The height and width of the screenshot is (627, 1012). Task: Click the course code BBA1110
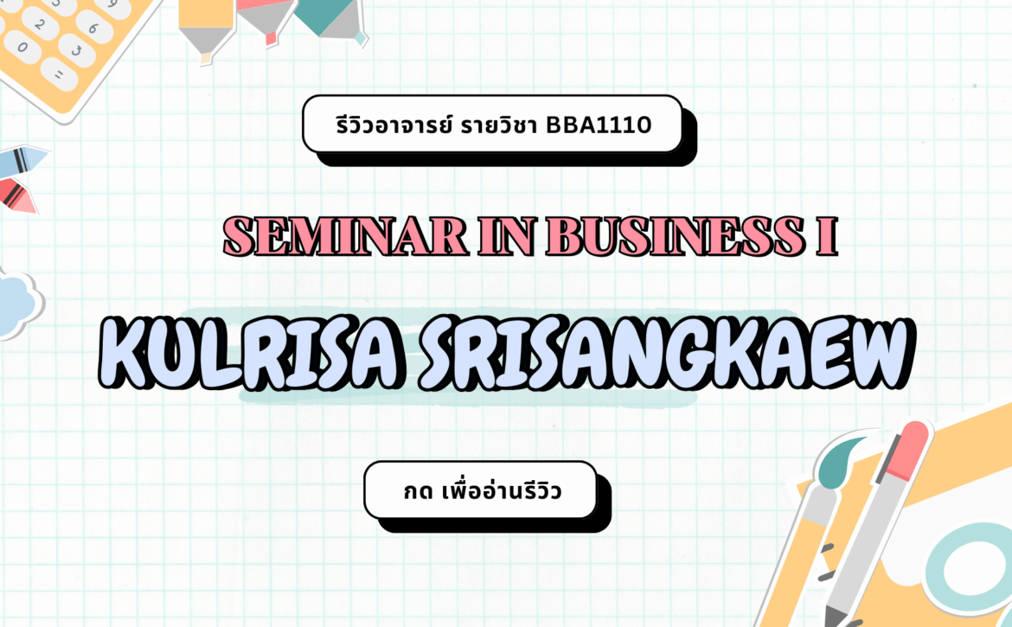point(599,125)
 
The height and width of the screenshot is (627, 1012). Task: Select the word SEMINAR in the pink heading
point(345,236)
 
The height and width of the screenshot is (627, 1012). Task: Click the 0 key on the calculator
point(23,47)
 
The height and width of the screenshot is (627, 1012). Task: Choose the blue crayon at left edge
point(22,161)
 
